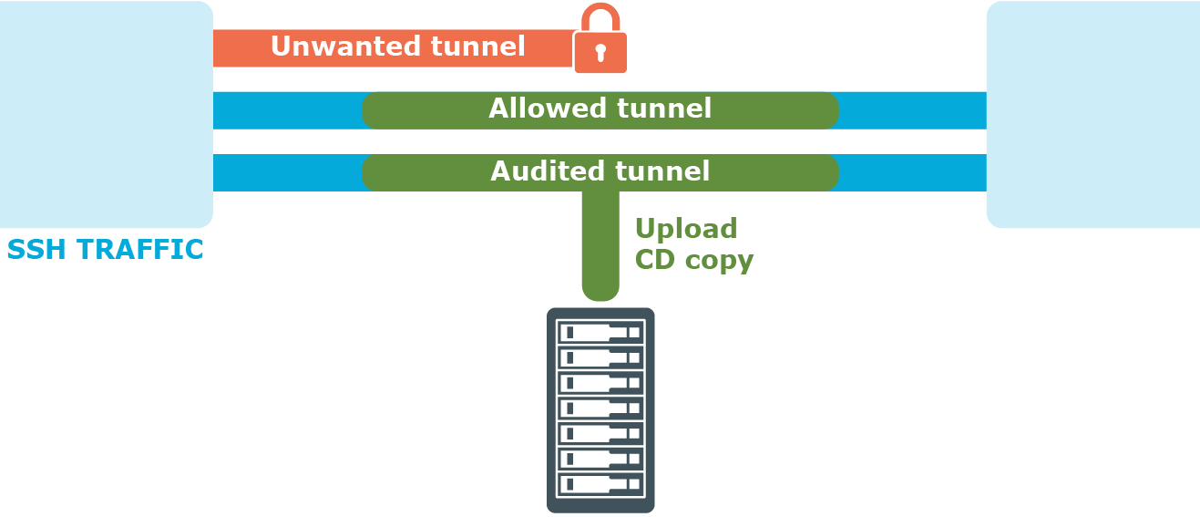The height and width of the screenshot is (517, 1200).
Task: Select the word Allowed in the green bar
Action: [542, 109]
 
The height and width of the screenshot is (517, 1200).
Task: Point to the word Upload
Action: [685, 228]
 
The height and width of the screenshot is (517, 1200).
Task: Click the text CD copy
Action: [693, 260]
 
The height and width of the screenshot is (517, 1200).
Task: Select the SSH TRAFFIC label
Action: [105, 250]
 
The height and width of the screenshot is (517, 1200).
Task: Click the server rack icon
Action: [600, 410]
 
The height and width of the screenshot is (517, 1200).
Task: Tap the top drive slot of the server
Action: [600, 332]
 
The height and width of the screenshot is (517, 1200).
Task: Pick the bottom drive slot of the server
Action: [600, 484]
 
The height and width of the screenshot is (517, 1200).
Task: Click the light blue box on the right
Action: [1093, 114]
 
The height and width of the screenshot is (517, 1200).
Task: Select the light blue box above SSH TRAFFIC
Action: [105, 114]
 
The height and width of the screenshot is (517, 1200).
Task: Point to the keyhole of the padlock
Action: [600, 52]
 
